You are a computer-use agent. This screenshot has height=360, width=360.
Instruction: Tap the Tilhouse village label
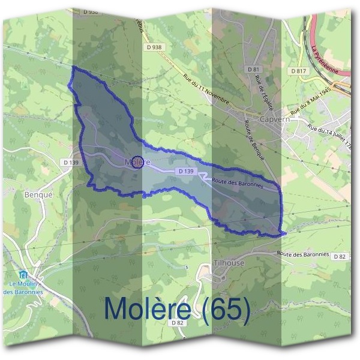228,263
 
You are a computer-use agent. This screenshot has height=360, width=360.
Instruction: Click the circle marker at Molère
137,162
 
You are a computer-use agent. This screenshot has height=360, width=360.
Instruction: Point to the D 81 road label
253,70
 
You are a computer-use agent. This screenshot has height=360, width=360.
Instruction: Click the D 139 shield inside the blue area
186,171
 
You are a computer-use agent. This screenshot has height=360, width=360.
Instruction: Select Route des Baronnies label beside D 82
304,254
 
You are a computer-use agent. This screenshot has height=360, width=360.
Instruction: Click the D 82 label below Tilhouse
176,323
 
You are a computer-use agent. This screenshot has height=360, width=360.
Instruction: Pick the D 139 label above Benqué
71,163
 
